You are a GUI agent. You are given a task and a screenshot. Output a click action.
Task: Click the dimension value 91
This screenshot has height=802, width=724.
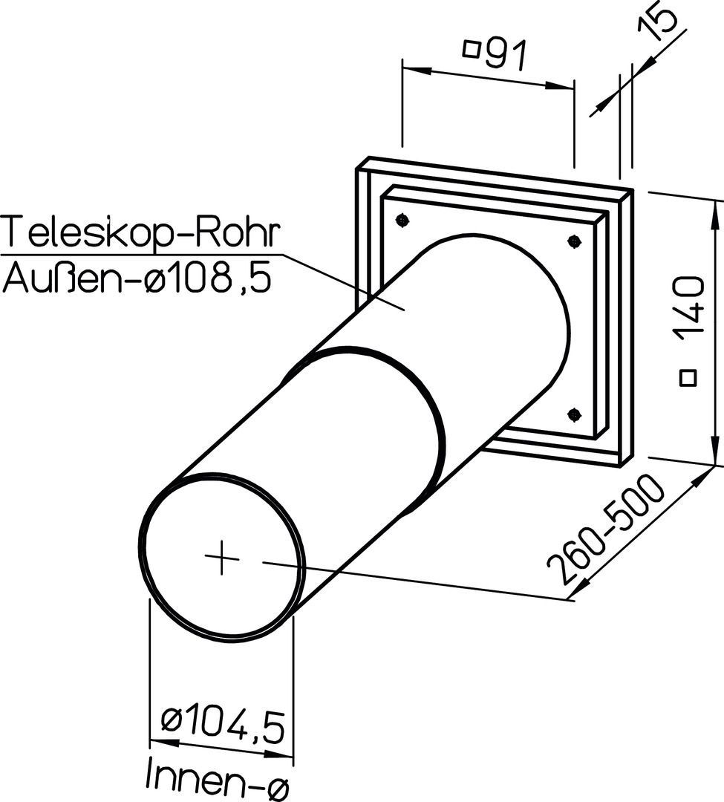click(505, 55)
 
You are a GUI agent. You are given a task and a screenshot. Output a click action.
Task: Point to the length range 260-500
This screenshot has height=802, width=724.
click(607, 529)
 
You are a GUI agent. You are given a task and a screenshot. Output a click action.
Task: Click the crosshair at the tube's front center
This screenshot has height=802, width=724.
click(221, 557)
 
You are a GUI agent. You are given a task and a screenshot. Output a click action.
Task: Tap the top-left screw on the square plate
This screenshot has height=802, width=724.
click(403, 221)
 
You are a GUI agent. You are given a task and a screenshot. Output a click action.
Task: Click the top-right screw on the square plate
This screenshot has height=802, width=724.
click(575, 240)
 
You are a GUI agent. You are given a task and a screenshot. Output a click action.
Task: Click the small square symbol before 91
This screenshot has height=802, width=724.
click(471, 50)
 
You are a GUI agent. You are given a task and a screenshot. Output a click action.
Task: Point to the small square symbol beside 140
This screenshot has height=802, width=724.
click(688, 377)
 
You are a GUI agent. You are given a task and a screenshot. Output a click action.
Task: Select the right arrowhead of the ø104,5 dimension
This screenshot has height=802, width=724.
click(279, 755)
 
